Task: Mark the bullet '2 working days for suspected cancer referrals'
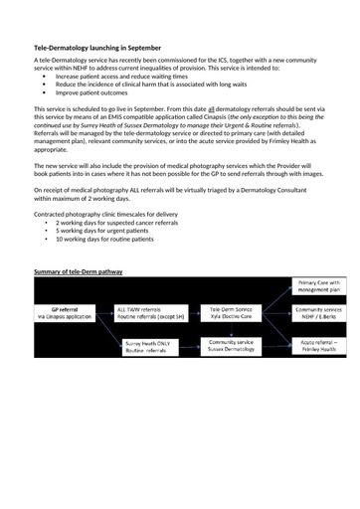click(117, 223)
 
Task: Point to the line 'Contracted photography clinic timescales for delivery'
click(105, 214)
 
